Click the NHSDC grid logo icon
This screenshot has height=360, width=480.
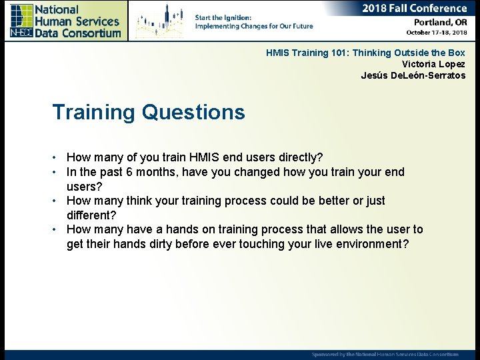(x=21, y=21)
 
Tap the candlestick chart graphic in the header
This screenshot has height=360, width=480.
(x=160, y=21)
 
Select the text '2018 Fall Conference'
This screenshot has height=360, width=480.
(x=415, y=9)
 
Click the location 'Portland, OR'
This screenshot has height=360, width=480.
(x=441, y=23)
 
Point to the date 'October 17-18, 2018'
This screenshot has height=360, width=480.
(x=437, y=33)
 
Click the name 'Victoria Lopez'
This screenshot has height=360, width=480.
(x=433, y=64)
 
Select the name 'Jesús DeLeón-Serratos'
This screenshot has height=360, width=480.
(x=413, y=75)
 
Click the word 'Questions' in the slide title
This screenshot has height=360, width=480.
(x=193, y=112)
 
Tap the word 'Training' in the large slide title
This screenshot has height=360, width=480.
(x=94, y=113)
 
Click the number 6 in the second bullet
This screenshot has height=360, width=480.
(x=129, y=172)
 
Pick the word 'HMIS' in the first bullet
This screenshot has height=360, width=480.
(x=204, y=157)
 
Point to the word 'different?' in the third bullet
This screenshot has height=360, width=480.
(x=91, y=215)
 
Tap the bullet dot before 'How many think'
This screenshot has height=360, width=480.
(x=54, y=201)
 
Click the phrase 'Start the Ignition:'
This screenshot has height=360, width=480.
(x=223, y=18)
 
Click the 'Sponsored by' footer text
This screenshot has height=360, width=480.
(x=385, y=355)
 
